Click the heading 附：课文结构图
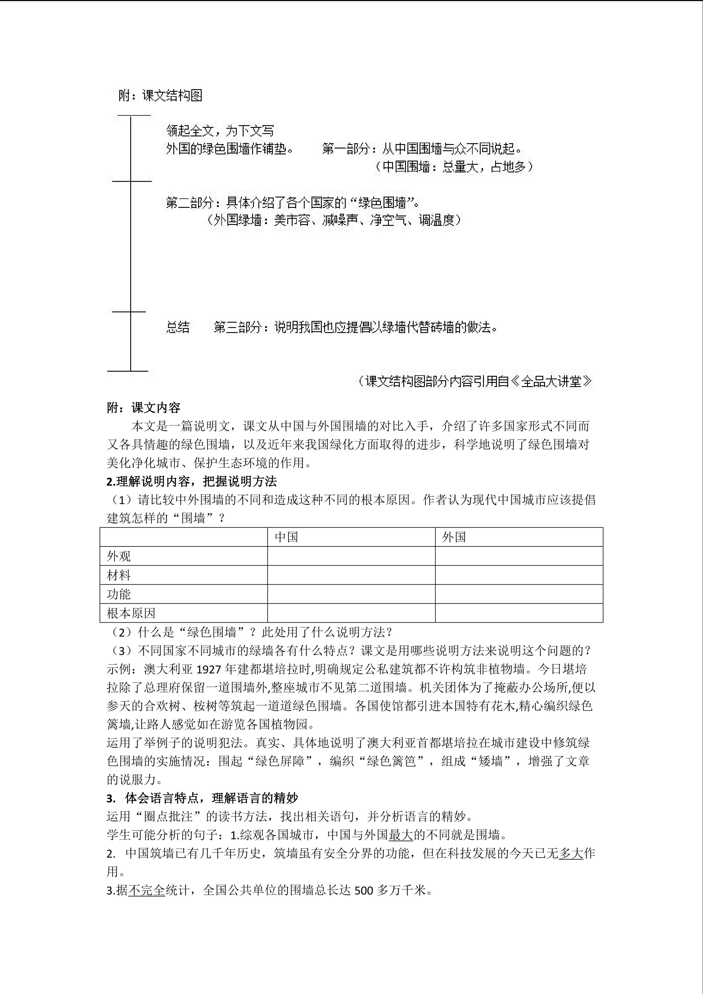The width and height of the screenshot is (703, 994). [x=160, y=95]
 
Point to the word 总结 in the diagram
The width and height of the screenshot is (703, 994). [x=178, y=327]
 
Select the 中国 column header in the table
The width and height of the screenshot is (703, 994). [x=287, y=537]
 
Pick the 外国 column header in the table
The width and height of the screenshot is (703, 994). [x=454, y=537]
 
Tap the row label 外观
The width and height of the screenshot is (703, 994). [x=119, y=556]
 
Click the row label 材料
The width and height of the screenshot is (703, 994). [x=119, y=575]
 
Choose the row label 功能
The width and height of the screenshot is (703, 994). [x=119, y=594]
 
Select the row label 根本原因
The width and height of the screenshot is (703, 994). [x=131, y=613]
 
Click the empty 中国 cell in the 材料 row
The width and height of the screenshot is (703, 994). [x=351, y=575]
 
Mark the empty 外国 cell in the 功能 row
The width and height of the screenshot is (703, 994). [x=519, y=594]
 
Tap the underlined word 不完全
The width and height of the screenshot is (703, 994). [x=147, y=891]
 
